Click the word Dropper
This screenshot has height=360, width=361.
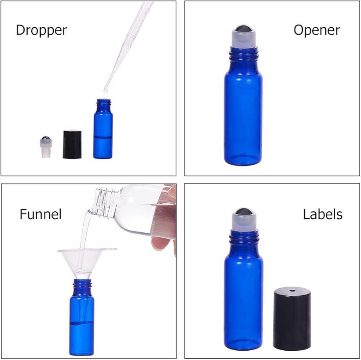(x=41, y=30)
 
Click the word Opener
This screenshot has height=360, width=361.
(x=317, y=30)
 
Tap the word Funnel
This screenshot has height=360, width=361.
(x=41, y=214)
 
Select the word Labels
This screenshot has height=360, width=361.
(x=322, y=214)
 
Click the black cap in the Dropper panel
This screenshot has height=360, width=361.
(x=72, y=144)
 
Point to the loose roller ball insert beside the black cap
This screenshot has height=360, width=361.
(x=46, y=147)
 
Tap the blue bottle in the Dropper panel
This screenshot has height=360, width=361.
(x=103, y=129)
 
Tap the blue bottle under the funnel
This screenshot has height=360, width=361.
(x=81, y=317)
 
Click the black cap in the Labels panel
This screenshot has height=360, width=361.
(x=292, y=319)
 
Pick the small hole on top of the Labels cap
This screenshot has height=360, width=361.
(x=292, y=291)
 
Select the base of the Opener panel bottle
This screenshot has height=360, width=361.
(x=243, y=159)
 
